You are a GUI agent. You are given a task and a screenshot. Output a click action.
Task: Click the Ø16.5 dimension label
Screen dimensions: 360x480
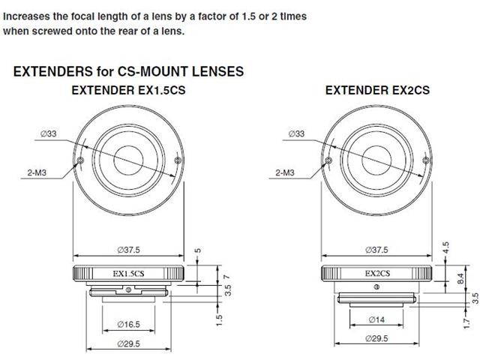(130, 325)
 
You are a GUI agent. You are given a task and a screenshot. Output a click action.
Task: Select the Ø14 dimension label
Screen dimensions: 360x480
(378, 319)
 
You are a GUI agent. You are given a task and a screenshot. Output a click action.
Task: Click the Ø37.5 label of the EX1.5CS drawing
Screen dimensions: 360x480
(130, 249)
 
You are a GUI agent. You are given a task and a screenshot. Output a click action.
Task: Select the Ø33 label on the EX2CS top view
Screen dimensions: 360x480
(296, 133)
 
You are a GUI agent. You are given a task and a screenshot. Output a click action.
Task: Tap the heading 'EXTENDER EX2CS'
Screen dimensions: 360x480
(377, 90)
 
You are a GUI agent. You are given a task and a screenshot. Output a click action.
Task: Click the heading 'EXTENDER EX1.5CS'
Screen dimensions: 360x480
(130, 90)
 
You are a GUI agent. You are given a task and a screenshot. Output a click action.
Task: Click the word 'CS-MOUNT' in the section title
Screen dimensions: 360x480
(160, 72)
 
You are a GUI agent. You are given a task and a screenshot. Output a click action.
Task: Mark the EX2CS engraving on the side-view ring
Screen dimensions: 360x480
(377, 274)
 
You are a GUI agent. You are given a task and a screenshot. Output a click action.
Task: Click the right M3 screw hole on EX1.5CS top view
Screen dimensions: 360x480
(177, 160)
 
